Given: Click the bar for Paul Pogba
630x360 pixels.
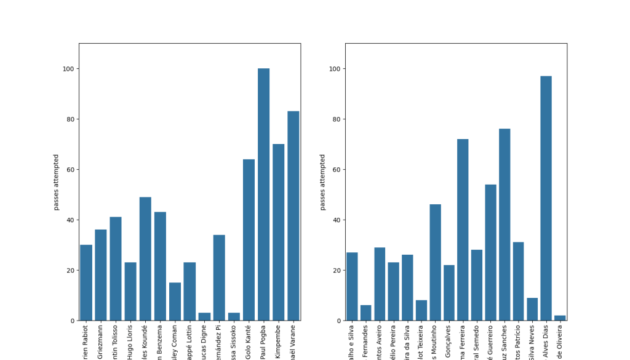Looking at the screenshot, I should coord(263,194).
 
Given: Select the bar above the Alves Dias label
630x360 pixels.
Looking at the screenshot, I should coord(546,198).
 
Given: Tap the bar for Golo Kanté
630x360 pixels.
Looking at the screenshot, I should coord(249,240).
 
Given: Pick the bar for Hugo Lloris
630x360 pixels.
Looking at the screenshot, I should coord(130,292).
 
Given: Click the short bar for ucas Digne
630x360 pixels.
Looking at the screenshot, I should coord(204,317).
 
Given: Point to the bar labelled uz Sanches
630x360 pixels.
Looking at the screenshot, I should coord(504,225).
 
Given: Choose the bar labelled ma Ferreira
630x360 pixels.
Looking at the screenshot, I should coord(463,230).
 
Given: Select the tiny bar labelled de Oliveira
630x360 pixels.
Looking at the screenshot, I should coord(559,318).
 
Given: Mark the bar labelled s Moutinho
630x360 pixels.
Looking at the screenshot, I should coord(435,262).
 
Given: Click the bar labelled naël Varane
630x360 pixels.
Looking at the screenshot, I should coord(293,216).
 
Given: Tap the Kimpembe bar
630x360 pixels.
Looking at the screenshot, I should coord(278,233).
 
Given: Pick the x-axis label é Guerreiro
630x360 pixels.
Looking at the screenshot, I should coord(490,341).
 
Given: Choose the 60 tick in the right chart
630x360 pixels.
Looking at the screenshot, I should coord(336,170).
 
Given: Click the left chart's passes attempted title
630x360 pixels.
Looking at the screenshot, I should coord(56,182).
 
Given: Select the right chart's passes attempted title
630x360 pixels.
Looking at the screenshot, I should coord(322,182).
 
